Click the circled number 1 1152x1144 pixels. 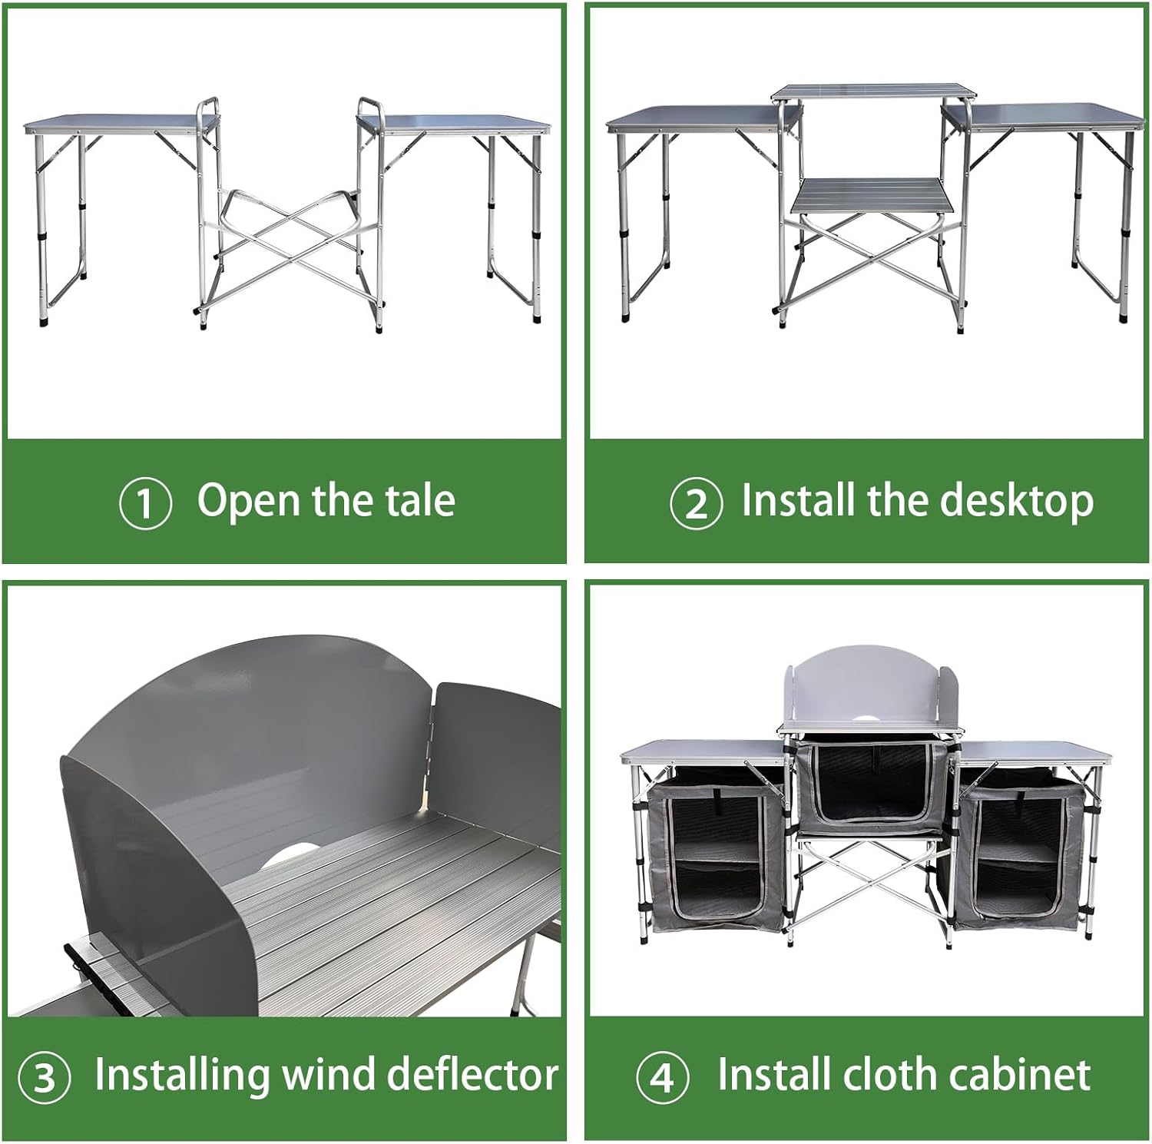(x=145, y=503)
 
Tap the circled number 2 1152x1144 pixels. (x=696, y=504)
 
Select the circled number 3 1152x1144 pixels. (x=44, y=1077)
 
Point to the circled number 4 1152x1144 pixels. (x=662, y=1077)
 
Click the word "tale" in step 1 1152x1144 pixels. (x=420, y=500)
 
